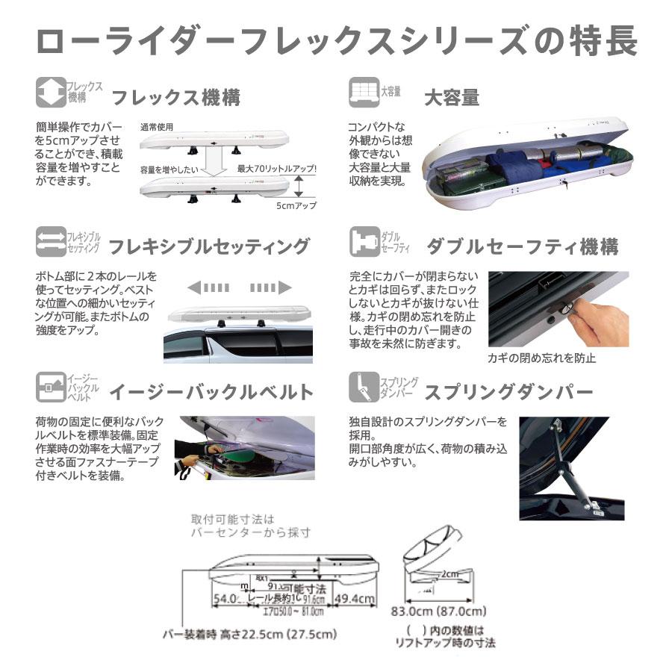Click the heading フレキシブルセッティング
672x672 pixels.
(209, 246)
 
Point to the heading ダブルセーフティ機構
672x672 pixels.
(522, 246)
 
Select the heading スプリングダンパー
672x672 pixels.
(508, 391)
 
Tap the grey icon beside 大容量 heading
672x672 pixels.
(363, 92)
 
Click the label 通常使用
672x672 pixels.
(156, 127)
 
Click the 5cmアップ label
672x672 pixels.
(296, 205)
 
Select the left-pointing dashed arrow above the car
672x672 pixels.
(208, 287)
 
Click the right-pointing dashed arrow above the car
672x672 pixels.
(270, 287)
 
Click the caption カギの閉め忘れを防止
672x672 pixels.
(541, 358)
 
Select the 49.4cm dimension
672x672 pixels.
(354, 598)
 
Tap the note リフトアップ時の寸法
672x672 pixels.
(447, 642)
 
